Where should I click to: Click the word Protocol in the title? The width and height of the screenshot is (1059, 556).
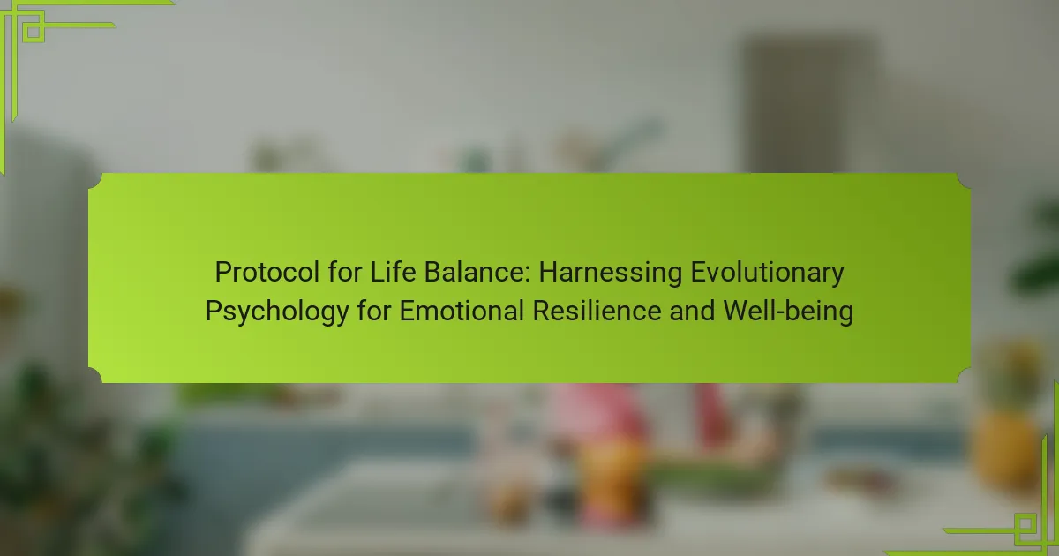[x=267, y=273]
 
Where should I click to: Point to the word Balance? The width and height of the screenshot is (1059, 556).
[x=475, y=272]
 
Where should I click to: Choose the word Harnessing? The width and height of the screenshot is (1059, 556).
[x=611, y=273]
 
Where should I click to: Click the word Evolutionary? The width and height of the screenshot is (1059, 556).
[x=767, y=273]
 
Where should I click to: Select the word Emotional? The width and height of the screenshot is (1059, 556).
[x=462, y=311]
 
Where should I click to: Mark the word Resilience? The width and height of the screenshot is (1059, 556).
[x=597, y=311]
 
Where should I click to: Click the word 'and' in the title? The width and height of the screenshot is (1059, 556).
[x=692, y=311]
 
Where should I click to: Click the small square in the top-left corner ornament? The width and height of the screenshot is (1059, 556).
[x=34, y=32]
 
